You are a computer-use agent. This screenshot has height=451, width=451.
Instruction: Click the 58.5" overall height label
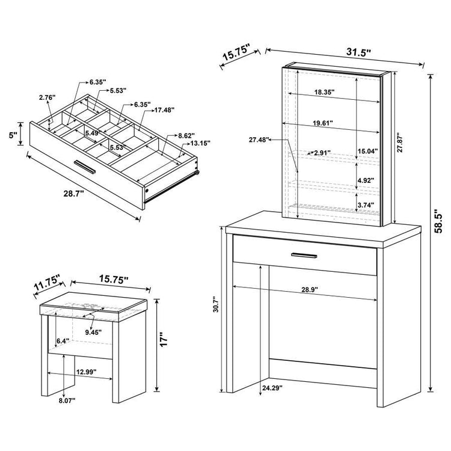438,221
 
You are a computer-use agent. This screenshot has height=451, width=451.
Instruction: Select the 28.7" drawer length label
73,194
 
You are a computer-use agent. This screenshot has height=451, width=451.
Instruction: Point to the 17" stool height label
164,339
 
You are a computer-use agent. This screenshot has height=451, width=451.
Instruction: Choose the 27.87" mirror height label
400,142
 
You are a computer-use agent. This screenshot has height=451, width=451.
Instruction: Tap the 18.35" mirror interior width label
325,92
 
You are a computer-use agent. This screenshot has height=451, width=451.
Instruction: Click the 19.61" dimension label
323,123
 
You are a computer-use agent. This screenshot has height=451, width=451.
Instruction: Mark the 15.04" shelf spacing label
368,151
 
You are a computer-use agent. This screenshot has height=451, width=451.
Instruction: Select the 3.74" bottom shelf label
366,205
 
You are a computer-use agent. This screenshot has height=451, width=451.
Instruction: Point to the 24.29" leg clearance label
272,388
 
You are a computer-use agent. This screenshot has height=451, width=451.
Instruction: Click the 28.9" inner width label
310,290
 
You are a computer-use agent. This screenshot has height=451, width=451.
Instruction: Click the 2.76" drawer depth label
47,97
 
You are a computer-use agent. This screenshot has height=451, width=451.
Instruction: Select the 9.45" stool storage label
93,333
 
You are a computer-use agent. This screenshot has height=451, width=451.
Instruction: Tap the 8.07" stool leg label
67,400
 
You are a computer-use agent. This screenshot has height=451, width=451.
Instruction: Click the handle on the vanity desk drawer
304,256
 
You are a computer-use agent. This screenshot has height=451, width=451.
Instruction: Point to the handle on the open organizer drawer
85,167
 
